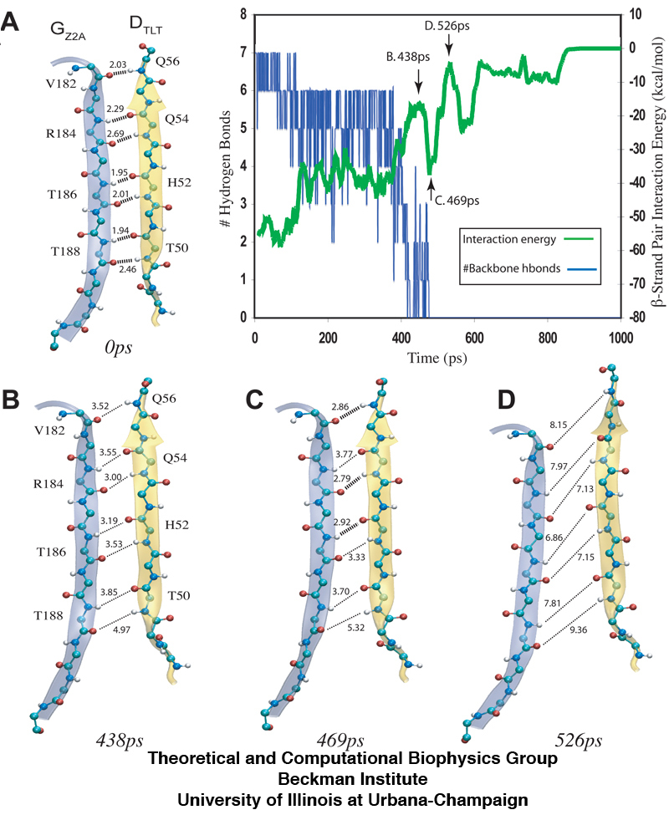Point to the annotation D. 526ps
tap(447, 26)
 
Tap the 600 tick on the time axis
tap(474, 329)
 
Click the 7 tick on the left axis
tap(243, 52)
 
